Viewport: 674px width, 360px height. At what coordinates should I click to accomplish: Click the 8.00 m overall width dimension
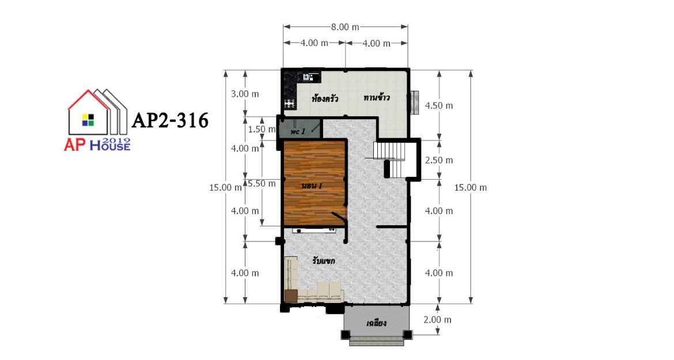(344, 27)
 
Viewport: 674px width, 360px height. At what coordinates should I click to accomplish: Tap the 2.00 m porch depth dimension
(438, 320)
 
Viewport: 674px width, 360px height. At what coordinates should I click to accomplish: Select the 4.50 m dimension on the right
(439, 105)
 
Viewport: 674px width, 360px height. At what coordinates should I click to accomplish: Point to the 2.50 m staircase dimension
(439, 160)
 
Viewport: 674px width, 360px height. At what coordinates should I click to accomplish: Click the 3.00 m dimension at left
(245, 94)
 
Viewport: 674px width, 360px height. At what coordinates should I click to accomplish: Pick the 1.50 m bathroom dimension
(262, 129)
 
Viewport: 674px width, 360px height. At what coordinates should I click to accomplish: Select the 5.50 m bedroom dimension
(262, 184)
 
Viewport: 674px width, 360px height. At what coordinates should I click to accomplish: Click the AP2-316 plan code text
(170, 120)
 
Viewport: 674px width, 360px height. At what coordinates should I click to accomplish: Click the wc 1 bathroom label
(298, 131)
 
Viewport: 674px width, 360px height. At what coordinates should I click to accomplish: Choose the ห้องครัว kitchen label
(324, 99)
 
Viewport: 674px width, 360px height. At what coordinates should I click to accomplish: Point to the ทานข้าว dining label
(377, 97)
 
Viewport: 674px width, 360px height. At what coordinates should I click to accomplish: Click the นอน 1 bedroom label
(312, 186)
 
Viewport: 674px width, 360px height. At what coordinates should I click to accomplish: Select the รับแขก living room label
(324, 261)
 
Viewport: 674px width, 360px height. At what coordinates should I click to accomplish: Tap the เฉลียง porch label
(377, 323)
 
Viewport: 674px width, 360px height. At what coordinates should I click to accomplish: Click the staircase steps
(389, 159)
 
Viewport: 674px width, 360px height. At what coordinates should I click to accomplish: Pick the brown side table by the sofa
(291, 297)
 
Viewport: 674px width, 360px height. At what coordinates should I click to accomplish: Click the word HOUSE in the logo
(110, 146)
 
